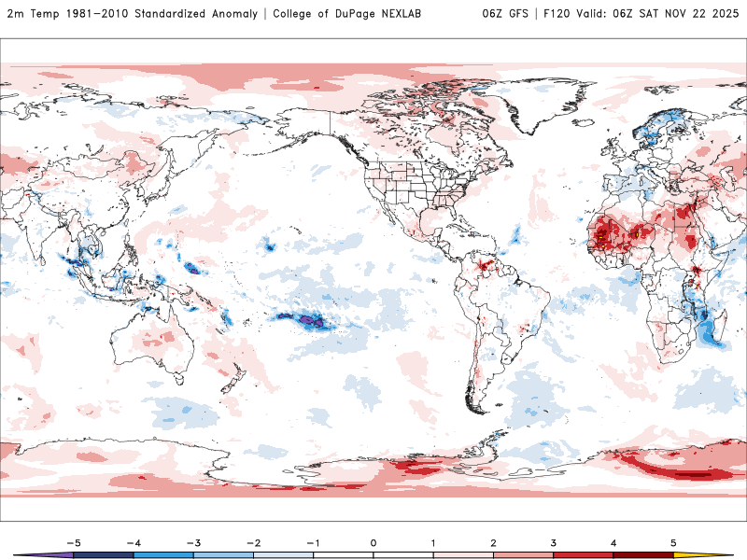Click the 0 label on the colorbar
pos(373,542)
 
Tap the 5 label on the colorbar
pos(673,542)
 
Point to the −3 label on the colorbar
pos(193,542)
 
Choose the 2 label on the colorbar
pos(493,542)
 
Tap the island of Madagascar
pos(712,327)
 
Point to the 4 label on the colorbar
pos(613,542)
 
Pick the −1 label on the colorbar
pos(313,542)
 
